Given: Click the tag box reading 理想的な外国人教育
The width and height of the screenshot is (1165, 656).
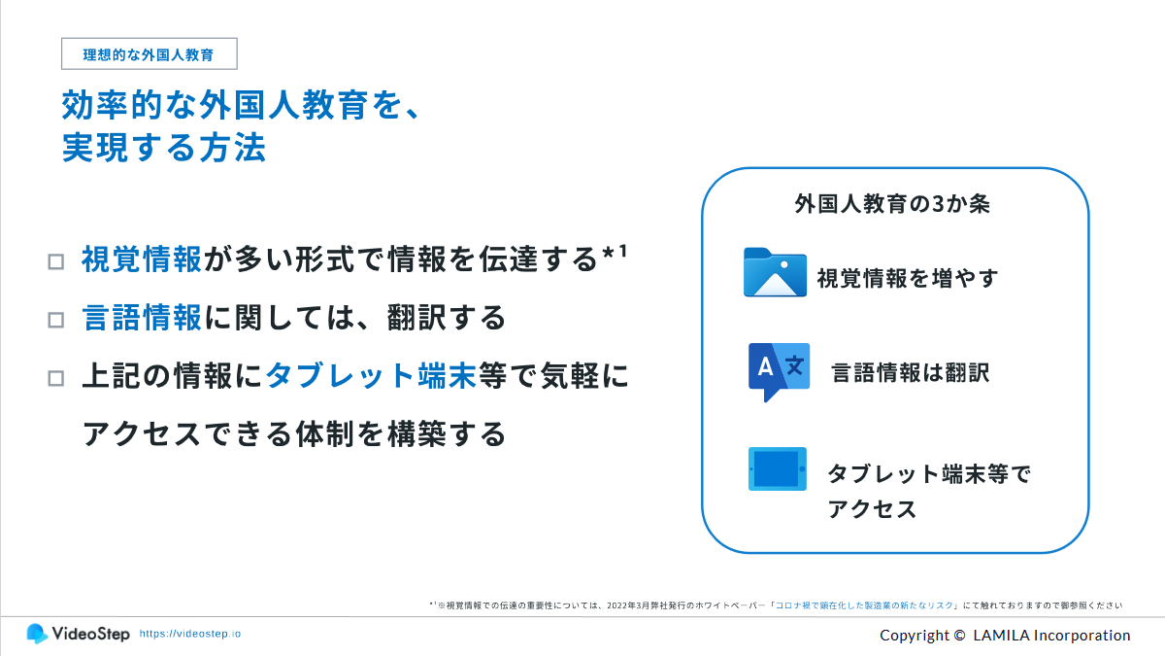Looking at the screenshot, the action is click(150, 53).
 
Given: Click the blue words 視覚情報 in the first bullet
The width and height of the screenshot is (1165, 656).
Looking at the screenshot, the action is click(142, 259).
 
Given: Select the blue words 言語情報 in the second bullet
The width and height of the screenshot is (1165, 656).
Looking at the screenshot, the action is click(142, 317).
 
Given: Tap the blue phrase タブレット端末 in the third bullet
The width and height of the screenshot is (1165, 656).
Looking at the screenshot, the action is click(371, 375).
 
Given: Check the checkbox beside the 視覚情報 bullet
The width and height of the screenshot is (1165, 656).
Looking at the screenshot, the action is click(56, 261).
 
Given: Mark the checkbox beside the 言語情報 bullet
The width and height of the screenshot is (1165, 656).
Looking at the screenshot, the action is click(56, 320).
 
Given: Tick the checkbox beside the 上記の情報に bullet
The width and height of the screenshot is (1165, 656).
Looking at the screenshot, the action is click(56, 378).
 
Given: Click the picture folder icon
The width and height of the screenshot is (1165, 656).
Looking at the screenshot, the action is click(775, 272).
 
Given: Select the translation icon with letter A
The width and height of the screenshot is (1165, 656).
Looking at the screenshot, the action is click(779, 371).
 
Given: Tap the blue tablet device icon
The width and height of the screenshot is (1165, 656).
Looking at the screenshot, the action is click(778, 468).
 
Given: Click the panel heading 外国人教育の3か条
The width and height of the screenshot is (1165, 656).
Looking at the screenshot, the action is click(892, 203).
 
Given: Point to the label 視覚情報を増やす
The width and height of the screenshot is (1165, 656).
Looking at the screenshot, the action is click(908, 278).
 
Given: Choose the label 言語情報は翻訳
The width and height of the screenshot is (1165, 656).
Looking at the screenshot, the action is click(911, 373).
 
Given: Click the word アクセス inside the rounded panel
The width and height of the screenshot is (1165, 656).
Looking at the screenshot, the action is click(872, 508).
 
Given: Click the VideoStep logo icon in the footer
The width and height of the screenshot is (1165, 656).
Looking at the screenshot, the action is click(37, 633).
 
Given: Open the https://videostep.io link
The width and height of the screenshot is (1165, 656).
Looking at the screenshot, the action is click(190, 634).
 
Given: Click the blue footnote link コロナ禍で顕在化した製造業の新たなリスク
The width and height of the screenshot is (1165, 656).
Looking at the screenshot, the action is click(864, 604).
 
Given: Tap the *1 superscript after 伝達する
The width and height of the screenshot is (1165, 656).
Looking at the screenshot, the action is click(615, 253).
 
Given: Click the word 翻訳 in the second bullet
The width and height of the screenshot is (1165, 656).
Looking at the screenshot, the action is click(417, 317).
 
